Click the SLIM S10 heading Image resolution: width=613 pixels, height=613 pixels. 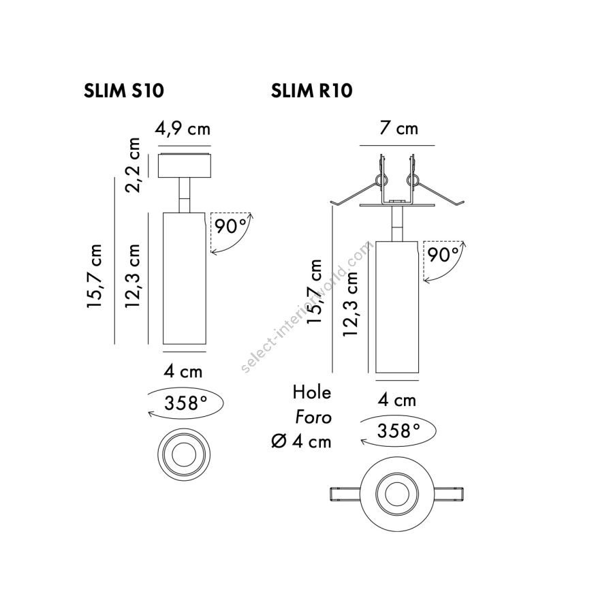(x=123, y=91)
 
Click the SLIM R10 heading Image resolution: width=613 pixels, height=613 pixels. (x=311, y=91)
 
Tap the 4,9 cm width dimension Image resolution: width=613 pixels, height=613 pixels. (x=183, y=128)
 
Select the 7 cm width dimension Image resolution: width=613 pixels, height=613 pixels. (x=398, y=128)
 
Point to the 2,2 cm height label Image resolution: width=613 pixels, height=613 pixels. (x=133, y=165)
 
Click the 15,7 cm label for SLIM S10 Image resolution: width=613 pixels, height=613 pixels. (x=95, y=276)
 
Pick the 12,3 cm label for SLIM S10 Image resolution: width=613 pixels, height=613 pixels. (x=133, y=276)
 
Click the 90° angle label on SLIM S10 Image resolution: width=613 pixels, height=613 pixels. (x=231, y=225)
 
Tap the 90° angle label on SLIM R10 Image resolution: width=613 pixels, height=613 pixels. (x=443, y=255)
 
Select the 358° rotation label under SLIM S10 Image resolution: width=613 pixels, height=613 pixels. (x=186, y=403)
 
